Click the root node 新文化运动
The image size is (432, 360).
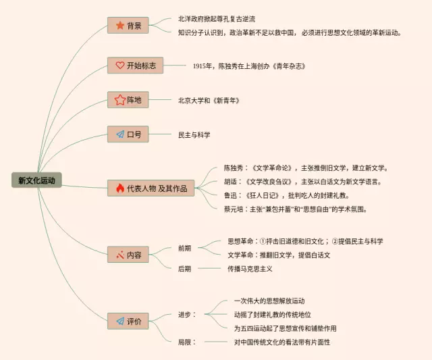36,180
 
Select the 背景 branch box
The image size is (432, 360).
128,26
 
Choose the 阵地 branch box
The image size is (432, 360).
128,100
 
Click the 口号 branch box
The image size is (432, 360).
128,134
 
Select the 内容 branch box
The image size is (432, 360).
128,255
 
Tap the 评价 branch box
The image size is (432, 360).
128,322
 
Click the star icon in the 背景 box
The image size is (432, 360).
119,26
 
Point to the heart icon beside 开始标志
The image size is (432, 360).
119,66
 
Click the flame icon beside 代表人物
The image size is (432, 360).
119,188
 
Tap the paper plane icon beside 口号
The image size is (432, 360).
119,134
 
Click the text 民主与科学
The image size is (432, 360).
194,134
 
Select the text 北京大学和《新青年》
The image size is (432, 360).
209,100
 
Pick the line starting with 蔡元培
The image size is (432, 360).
296,209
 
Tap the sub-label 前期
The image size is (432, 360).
184,248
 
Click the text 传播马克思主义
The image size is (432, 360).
250,268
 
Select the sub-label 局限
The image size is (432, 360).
187,342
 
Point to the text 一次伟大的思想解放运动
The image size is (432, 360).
270,300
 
